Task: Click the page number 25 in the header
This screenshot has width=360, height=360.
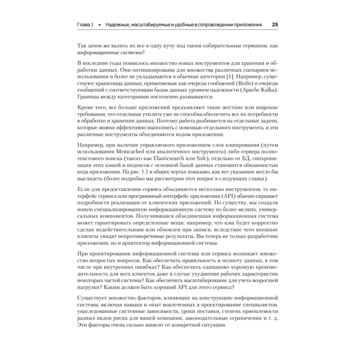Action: click(x=275, y=25)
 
